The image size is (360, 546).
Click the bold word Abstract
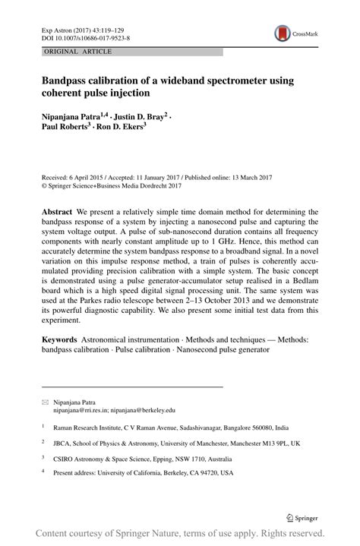pyautogui.click(x=57, y=211)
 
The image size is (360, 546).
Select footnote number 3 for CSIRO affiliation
pyautogui.click(x=43, y=457)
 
